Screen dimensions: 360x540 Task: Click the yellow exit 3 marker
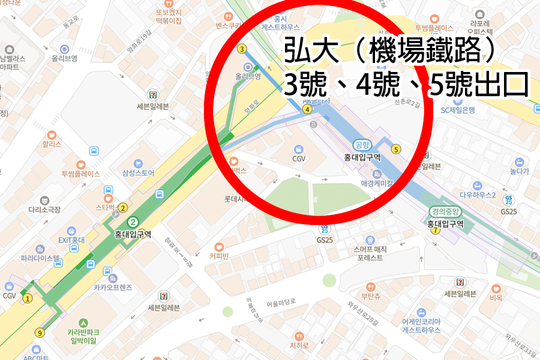pos(242,49)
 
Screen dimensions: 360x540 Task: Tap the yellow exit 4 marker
pos(307,109)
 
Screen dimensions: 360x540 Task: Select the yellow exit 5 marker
pos(395,149)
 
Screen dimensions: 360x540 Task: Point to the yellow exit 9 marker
pos(40,333)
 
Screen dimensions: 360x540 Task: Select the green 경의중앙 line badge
pos(445,211)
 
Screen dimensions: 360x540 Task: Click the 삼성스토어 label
pos(138,173)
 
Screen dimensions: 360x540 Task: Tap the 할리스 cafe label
pos(52,144)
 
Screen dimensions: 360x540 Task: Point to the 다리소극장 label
pos(44,209)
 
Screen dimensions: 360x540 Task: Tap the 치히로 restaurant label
pos(299,346)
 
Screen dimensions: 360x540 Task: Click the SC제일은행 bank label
pos(458,110)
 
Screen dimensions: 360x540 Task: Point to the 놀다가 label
pos(519,171)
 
